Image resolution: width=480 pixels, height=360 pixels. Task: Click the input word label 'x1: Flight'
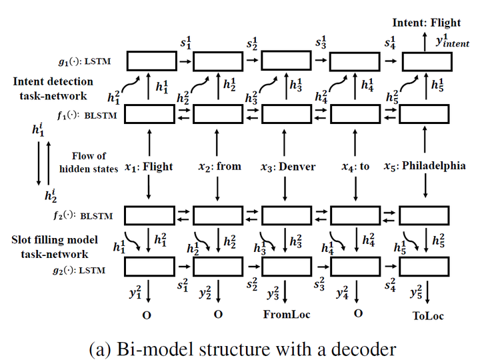tap(149, 167)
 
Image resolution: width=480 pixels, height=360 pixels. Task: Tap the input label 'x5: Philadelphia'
tap(425, 166)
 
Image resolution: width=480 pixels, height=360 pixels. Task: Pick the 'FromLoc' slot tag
tap(286, 315)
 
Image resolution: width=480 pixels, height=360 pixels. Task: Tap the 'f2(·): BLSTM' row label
tap(86, 216)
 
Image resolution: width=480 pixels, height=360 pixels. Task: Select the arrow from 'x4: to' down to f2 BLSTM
tap(355, 190)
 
